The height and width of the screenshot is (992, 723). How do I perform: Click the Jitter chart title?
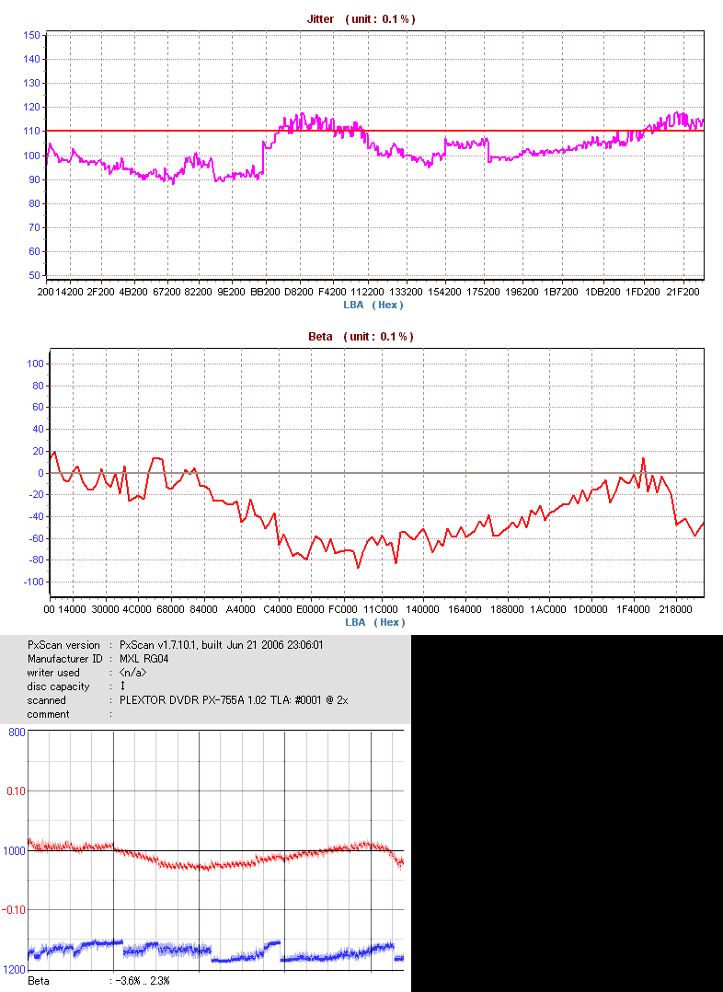pos(354,18)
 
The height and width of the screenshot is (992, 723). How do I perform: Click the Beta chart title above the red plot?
pos(361,337)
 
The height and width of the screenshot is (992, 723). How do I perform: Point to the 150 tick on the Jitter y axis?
pos(31,35)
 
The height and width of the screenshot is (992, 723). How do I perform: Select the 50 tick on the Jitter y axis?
pos(34,275)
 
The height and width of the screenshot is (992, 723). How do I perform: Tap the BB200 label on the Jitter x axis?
pos(265,292)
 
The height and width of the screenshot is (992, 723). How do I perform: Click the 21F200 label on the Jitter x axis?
pos(683,292)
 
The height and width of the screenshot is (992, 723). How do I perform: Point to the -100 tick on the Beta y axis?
pos(33,583)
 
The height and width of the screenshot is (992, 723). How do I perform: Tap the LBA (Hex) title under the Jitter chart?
pos(373,305)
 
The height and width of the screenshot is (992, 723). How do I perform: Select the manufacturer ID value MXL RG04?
pos(143,659)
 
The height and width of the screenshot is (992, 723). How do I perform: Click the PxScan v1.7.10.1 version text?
pos(221,645)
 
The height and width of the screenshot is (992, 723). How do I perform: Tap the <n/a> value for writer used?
pos(132,673)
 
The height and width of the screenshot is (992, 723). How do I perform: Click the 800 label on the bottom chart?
pos(16,732)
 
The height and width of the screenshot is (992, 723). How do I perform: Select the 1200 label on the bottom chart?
pos(14,970)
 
